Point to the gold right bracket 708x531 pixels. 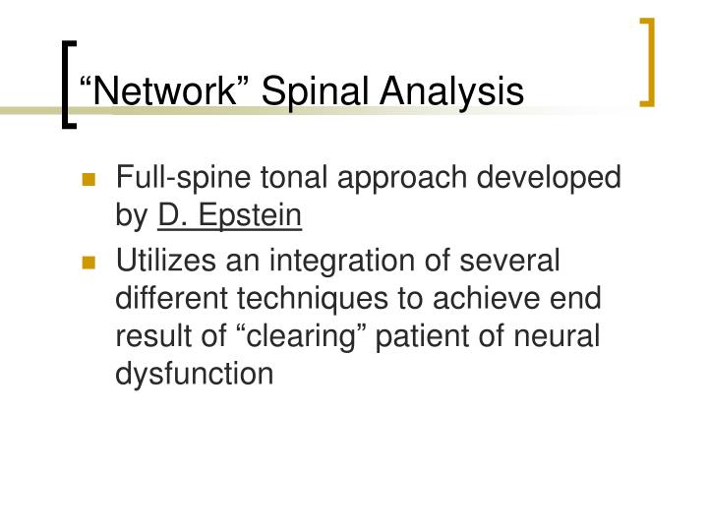pos(648,61)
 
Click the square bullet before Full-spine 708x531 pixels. pos(90,180)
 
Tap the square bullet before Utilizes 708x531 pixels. pos(90,264)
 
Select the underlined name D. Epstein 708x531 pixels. pos(229,213)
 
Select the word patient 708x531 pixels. pos(479,335)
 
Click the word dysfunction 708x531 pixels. pos(195,373)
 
